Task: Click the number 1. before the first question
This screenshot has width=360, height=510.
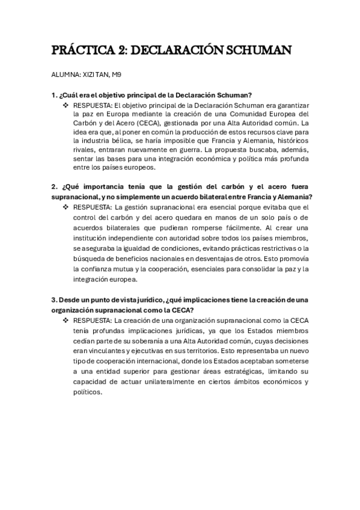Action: [54, 95]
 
